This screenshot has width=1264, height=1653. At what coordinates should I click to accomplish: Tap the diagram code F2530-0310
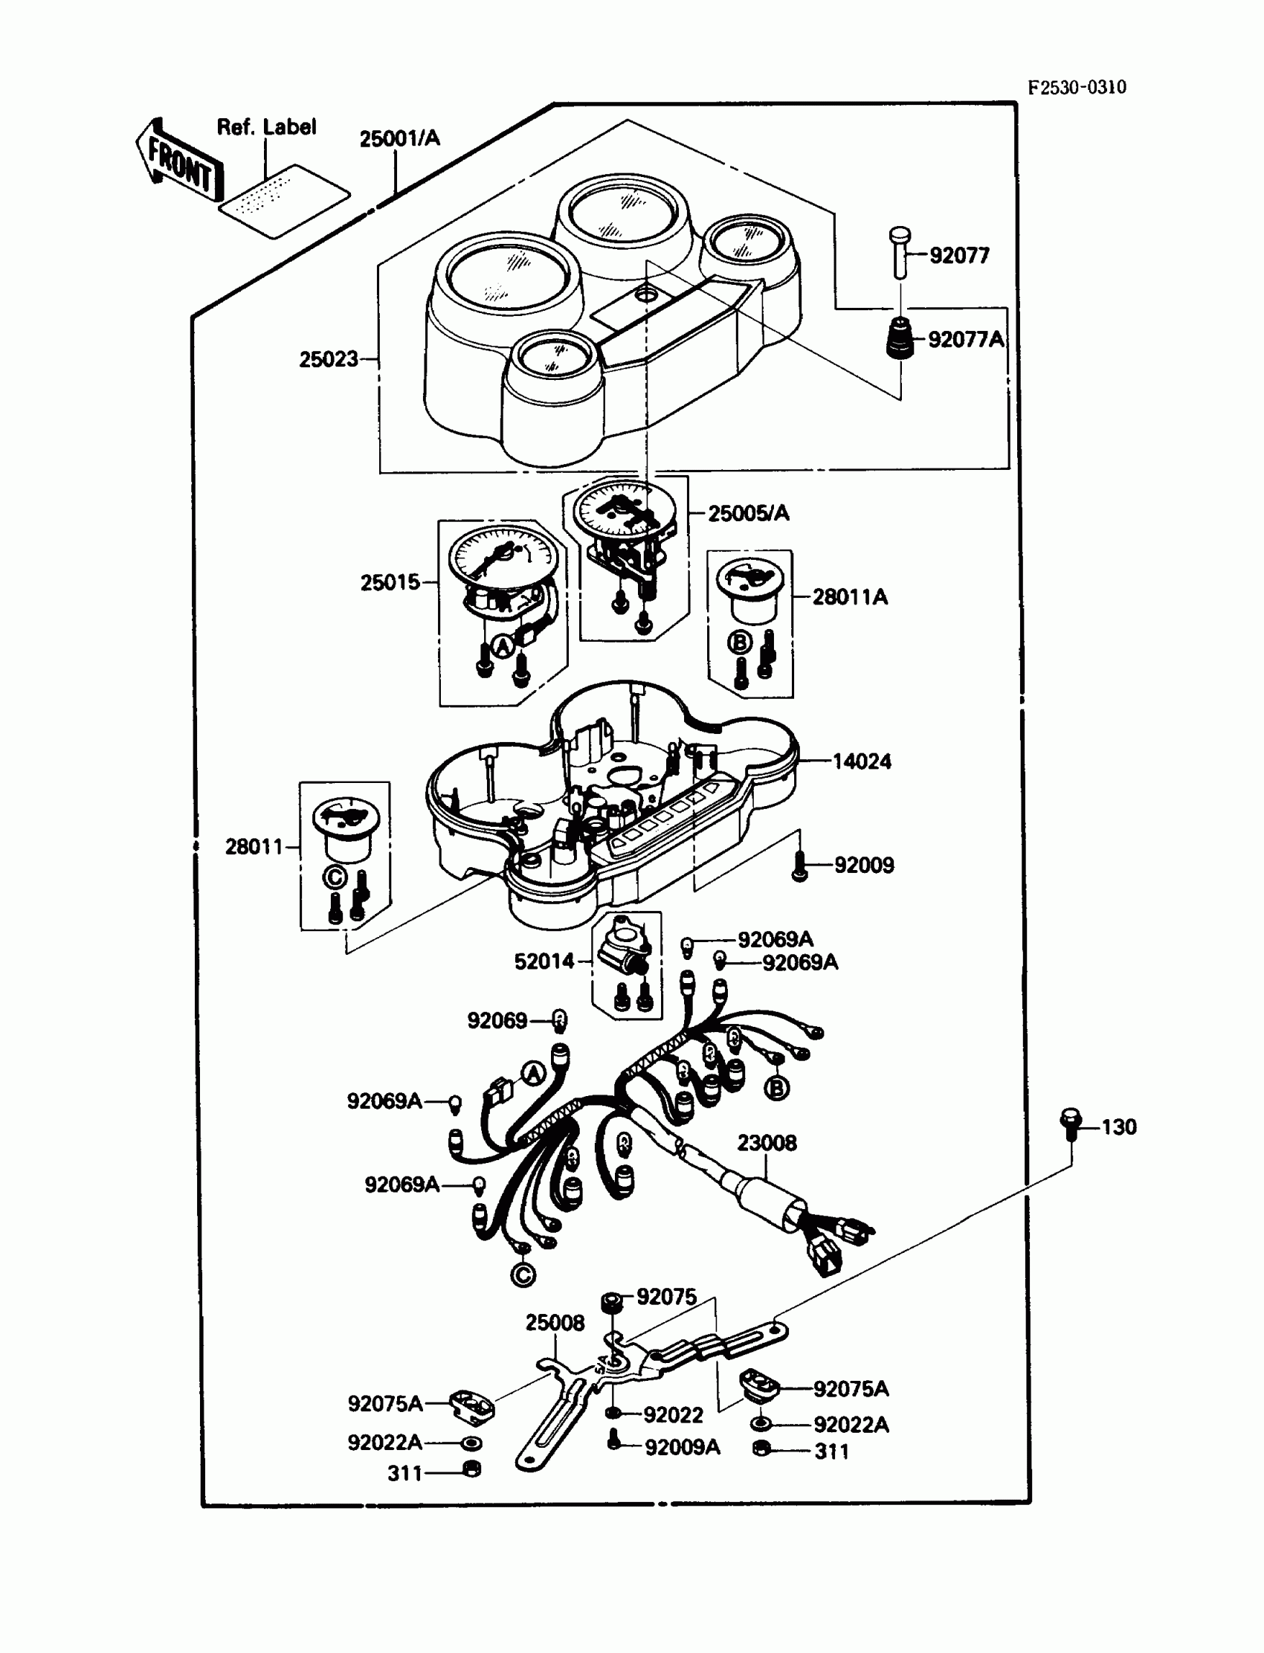point(1077,87)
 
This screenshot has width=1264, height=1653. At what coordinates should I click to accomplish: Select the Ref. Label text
point(266,127)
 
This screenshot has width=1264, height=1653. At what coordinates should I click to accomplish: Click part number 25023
point(329,360)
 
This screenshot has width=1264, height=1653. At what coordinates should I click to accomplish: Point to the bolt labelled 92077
point(900,253)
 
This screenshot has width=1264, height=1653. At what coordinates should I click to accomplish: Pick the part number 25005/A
point(748,513)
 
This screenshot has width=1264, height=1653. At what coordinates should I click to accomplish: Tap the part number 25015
point(390,581)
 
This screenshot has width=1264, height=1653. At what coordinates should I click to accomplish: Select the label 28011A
point(849,596)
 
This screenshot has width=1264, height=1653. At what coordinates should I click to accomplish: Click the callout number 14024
point(862,761)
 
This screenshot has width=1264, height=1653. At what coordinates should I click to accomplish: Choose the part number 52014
point(544,961)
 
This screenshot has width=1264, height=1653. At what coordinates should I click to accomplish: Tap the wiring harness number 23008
point(766,1143)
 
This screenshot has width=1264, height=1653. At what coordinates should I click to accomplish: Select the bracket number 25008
point(555,1322)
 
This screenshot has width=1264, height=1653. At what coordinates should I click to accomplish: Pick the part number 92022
point(673,1415)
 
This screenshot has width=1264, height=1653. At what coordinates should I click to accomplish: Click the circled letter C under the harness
point(523,1274)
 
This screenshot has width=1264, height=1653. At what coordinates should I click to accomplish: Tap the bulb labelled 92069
point(559,1021)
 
